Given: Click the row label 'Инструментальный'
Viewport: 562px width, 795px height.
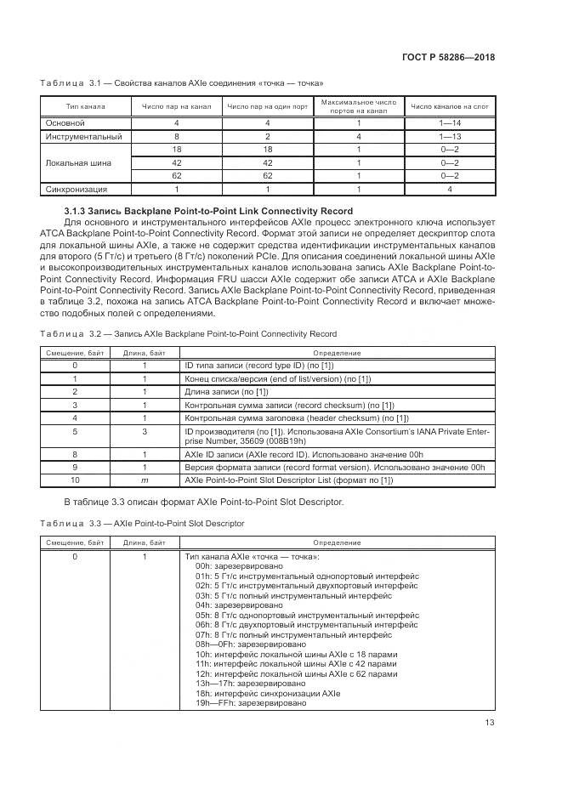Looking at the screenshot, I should pos(84,136).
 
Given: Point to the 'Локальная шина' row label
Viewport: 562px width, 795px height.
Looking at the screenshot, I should pos(77,162).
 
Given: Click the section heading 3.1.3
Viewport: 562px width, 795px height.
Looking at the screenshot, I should pos(208,210).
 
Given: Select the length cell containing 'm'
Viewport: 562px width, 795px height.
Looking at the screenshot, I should pos(145,480).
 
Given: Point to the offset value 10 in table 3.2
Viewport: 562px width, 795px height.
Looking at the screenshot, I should pos(75,480).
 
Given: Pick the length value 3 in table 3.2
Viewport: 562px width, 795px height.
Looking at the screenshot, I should pos(145,432).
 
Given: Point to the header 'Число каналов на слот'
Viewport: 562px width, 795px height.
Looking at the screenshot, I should pos(449,106).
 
